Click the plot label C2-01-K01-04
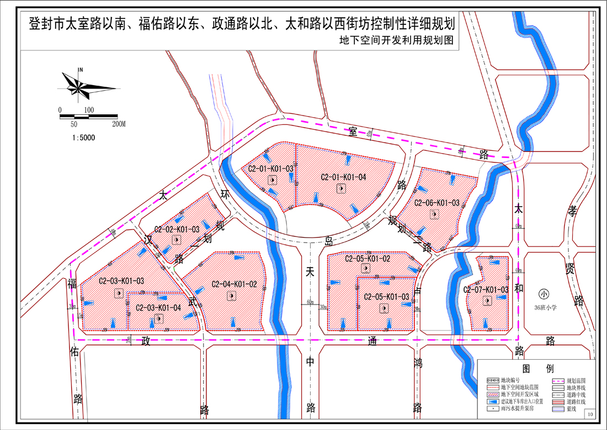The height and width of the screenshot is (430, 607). tap(343, 177)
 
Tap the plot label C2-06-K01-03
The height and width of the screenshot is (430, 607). tap(436, 203)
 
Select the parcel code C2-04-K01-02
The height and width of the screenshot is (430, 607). tap(234, 284)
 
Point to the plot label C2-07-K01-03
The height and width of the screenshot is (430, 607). tap(486, 290)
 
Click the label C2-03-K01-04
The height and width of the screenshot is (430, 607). tap(158, 307)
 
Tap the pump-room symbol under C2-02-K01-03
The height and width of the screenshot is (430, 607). tap(176, 239)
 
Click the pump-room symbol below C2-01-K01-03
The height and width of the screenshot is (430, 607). tap(271, 180)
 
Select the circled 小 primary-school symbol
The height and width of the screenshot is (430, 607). tap(545, 294)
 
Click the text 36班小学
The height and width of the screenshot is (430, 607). tap(545, 308)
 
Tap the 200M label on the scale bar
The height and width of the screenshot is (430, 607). tap(119, 124)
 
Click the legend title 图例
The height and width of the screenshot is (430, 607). tap(534, 368)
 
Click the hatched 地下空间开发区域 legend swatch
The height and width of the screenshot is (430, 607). tap(492, 395)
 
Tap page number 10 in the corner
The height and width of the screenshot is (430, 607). tap(590, 413)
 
